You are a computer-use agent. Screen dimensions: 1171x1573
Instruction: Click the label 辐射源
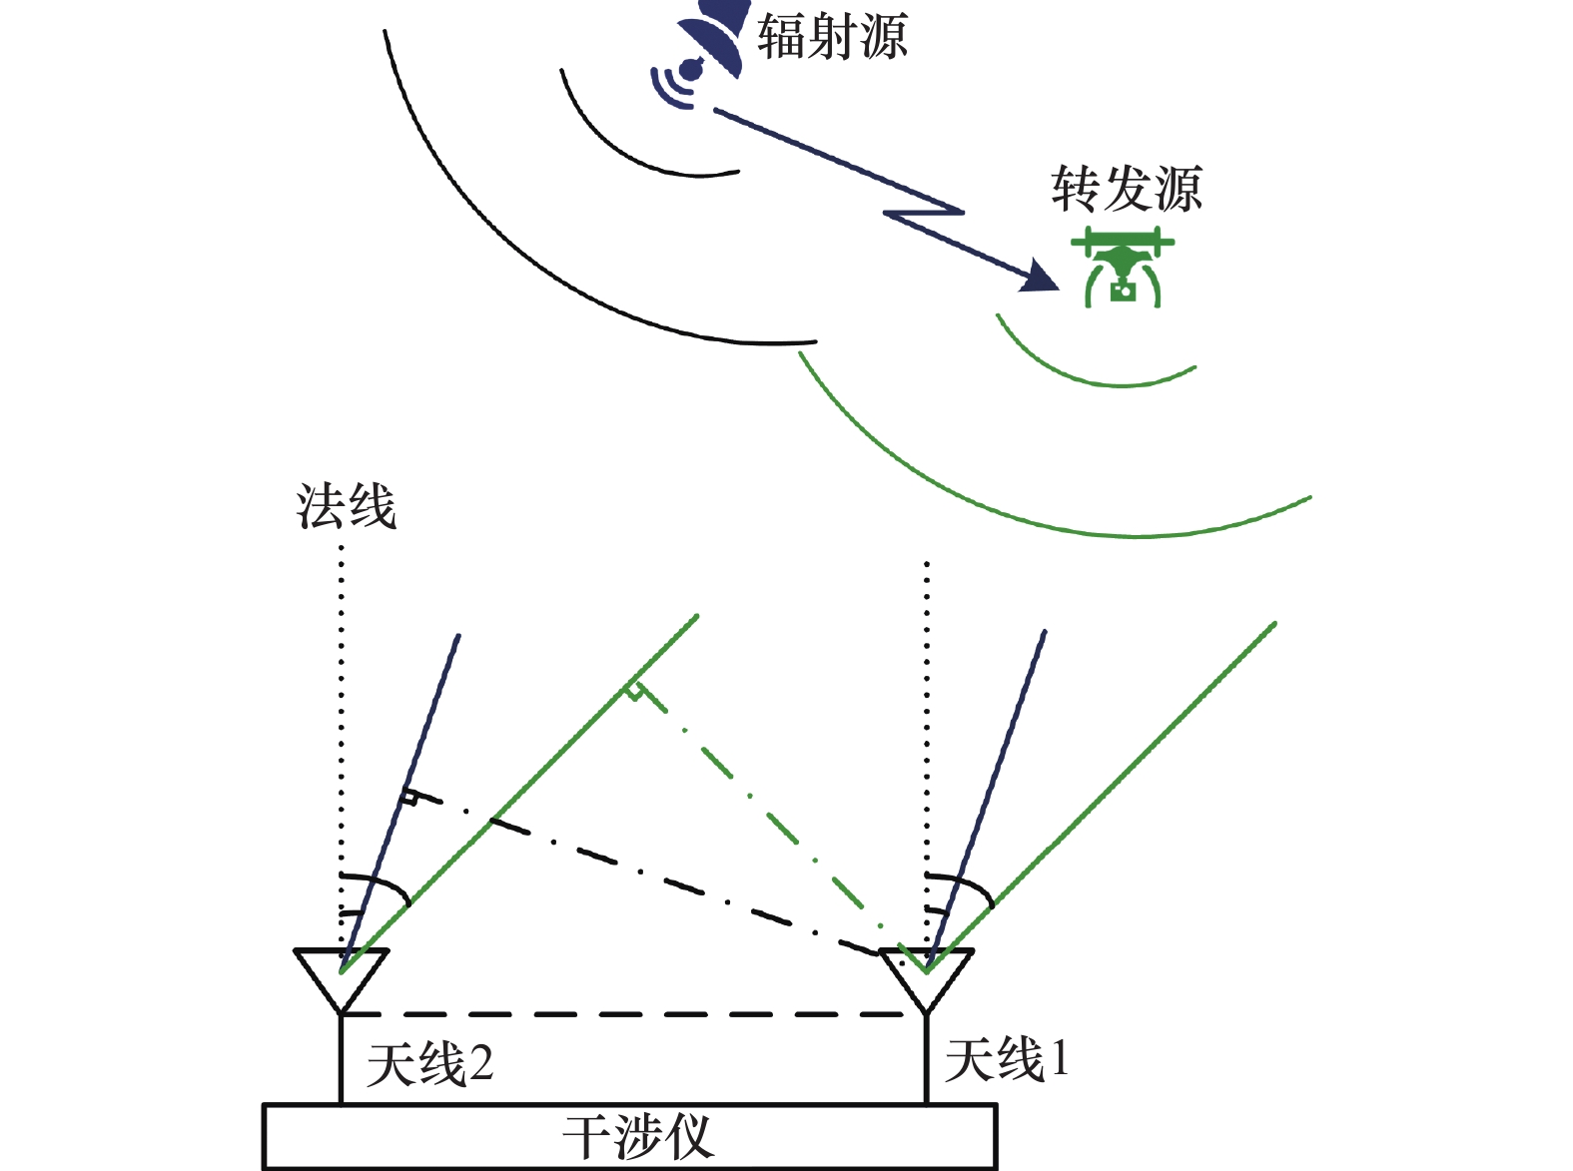[x=832, y=38]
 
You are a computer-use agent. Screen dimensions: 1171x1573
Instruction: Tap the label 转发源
[x=1126, y=189]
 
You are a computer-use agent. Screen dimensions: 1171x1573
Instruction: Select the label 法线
[x=346, y=506]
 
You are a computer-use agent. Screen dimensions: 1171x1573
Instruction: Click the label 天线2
[x=429, y=1064]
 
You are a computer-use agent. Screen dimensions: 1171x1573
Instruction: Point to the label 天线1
[x=1007, y=1059]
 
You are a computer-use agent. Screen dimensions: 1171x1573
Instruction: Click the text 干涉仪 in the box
[x=638, y=1137]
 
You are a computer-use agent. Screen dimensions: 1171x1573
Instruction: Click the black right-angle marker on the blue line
[x=408, y=798]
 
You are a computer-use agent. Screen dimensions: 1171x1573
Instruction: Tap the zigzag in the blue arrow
[x=924, y=213]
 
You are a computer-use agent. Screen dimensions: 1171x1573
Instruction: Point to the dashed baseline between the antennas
[x=634, y=1014]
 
